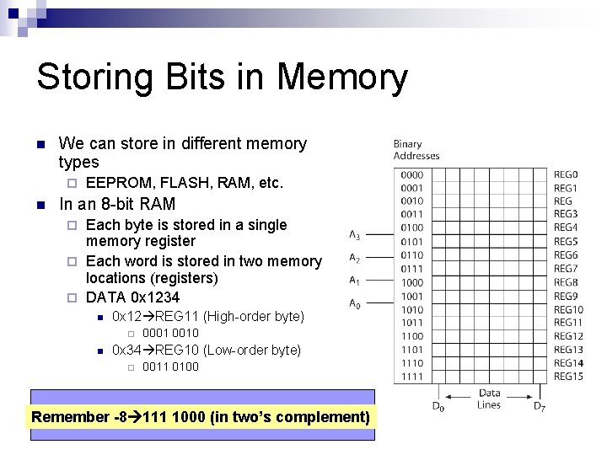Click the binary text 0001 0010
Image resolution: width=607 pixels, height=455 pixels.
pyautogui.click(x=170, y=333)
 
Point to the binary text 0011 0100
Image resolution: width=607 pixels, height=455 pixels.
pyautogui.click(x=170, y=367)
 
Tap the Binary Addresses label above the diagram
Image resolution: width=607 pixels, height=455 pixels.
pyautogui.click(x=416, y=150)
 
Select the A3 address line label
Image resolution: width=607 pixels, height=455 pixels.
pyautogui.click(x=355, y=235)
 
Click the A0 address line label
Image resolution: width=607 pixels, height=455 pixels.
pyautogui.click(x=355, y=305)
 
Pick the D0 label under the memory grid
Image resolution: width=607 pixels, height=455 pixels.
pyautogui.click(x=438, y=407)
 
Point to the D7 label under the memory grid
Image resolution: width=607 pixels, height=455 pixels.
pyautogui.click(x=540, y=407)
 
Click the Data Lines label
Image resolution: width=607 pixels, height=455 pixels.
pyautogui.click(x=489, y=398)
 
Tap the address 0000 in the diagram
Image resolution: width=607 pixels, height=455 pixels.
pyautogui.click(x=412, y=174)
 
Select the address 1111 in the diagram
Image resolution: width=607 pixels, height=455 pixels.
pyautogui.click(x=412, y=376)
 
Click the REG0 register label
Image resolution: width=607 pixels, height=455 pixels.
pyautogui.click(x=566, y=174)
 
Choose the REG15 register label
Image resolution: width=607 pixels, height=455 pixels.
pyautogui.click(x=568, y=376)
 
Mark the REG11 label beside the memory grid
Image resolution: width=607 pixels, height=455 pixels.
pyautogui.click(x=568, y=323)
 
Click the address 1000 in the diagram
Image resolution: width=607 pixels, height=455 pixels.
pyautogui.click(x=412, y=282)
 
